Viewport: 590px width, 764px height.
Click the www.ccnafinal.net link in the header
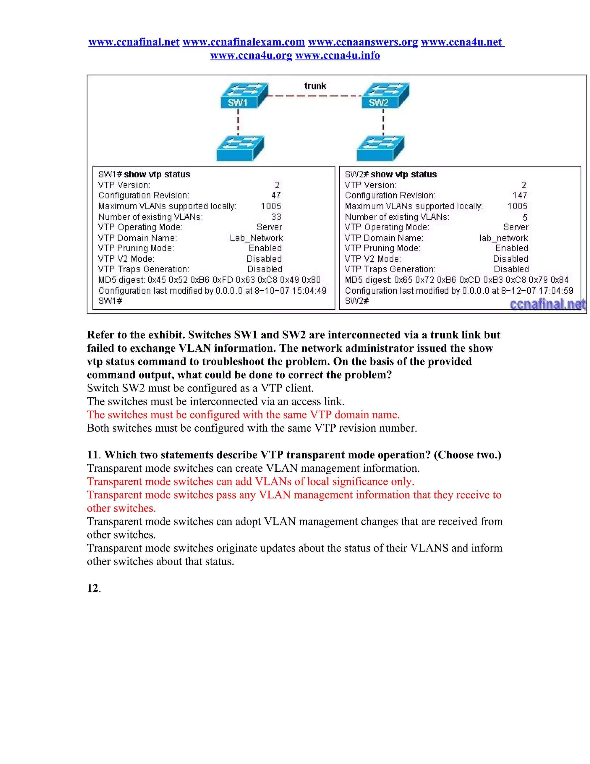pos(134,42)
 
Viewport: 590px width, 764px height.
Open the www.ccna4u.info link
pos(338,55)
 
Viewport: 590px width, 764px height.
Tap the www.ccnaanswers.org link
pos(363,42)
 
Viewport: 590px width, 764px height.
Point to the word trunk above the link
pos(315,86)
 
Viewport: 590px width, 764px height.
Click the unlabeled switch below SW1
pos(240,148)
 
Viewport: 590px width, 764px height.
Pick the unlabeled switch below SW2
pos(380,148)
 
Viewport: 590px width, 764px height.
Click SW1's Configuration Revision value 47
pos(276,195)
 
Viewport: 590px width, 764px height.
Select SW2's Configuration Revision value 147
pos(520,195)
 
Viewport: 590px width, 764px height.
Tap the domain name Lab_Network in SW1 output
pos(256,238)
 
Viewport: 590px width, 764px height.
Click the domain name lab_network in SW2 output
pos(503,238)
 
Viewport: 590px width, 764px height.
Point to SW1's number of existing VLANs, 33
pos(276,217)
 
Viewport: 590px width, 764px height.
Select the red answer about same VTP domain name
pos(243,415)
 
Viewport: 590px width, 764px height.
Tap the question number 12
pos(93,588)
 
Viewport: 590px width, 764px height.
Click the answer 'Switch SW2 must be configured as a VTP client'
pos(200,388)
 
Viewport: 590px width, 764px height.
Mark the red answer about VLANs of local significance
pos(250,481)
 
